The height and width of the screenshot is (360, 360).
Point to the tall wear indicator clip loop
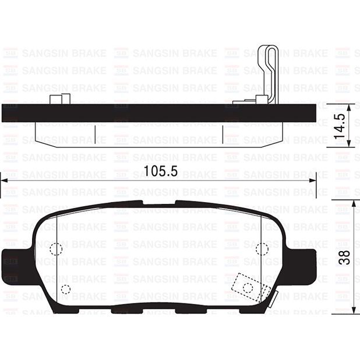point(269,73)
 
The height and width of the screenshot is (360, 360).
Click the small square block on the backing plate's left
point(57,99)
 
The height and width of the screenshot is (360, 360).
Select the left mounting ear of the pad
point(13,260)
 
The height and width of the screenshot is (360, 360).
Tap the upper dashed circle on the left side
point(55,249)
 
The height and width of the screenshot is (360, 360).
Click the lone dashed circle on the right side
point(262,249)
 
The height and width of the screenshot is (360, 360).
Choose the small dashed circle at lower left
point(65,289)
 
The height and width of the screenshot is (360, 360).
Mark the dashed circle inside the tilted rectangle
point(248,287)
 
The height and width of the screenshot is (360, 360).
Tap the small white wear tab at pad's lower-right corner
point(271,301)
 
